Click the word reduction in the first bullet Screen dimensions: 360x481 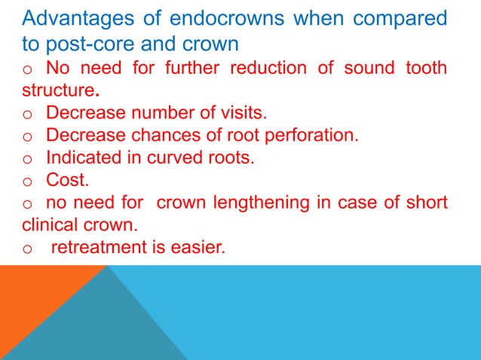pyautogui.click(x=262, y=69)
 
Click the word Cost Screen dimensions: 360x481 pyautogui.click(x=66, y=181)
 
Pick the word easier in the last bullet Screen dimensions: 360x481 pyautogui.click(x=198, y=247)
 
